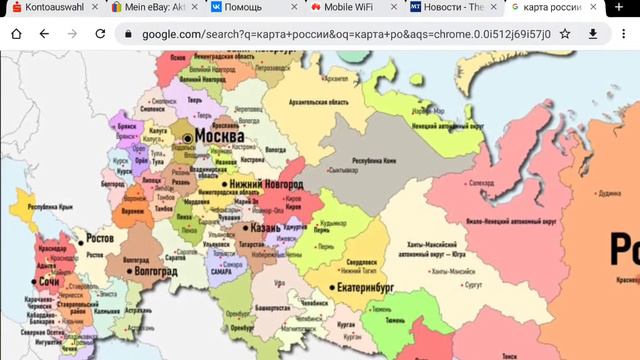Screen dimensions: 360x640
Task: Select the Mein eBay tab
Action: tap(150, 7)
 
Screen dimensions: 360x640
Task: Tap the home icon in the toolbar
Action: tap(16, 33)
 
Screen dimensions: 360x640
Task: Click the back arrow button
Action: tap(44, 33)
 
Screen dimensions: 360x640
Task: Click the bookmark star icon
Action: tap(565, 33)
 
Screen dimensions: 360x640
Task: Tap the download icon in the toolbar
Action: tap(593, 33)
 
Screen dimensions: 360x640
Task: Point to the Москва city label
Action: tap(220, 134)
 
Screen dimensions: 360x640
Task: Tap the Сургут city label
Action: tap(473, 284)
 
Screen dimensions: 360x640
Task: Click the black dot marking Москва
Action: tap(186, 136)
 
